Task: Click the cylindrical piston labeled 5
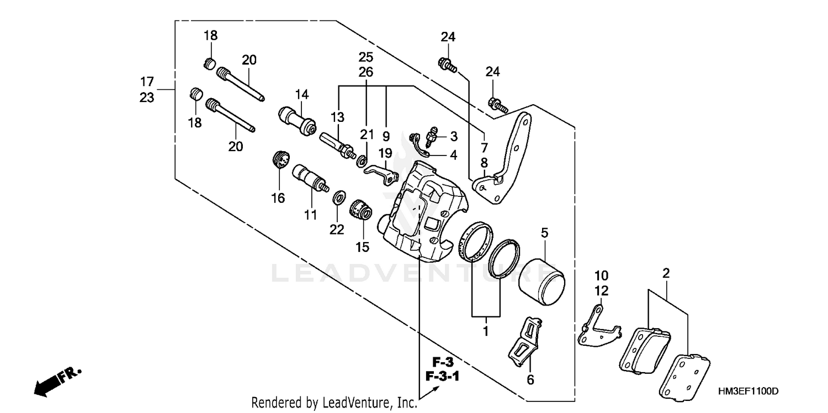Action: [x=542, y=281]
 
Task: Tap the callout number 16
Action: [x=278, y=198]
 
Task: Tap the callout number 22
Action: [x=337, y=229]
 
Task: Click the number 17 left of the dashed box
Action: [x=146, y=82]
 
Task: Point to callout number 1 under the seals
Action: [x=486, y=332]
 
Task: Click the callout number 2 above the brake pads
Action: [x=666, y=273]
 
